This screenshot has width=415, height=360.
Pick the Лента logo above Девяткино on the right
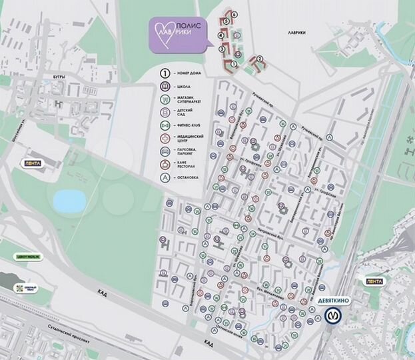click(x=374, y=281)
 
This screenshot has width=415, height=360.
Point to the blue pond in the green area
click(x=66, y=199)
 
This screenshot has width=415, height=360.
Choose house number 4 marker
click(x=222, y=33)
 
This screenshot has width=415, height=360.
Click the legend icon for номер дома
click(x=163, y=73)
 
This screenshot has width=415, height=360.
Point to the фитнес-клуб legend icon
click(x=163, y=124)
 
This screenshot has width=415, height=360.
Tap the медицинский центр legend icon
click(x=163, y=137)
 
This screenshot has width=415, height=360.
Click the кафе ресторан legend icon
click(x=163, y=163)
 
